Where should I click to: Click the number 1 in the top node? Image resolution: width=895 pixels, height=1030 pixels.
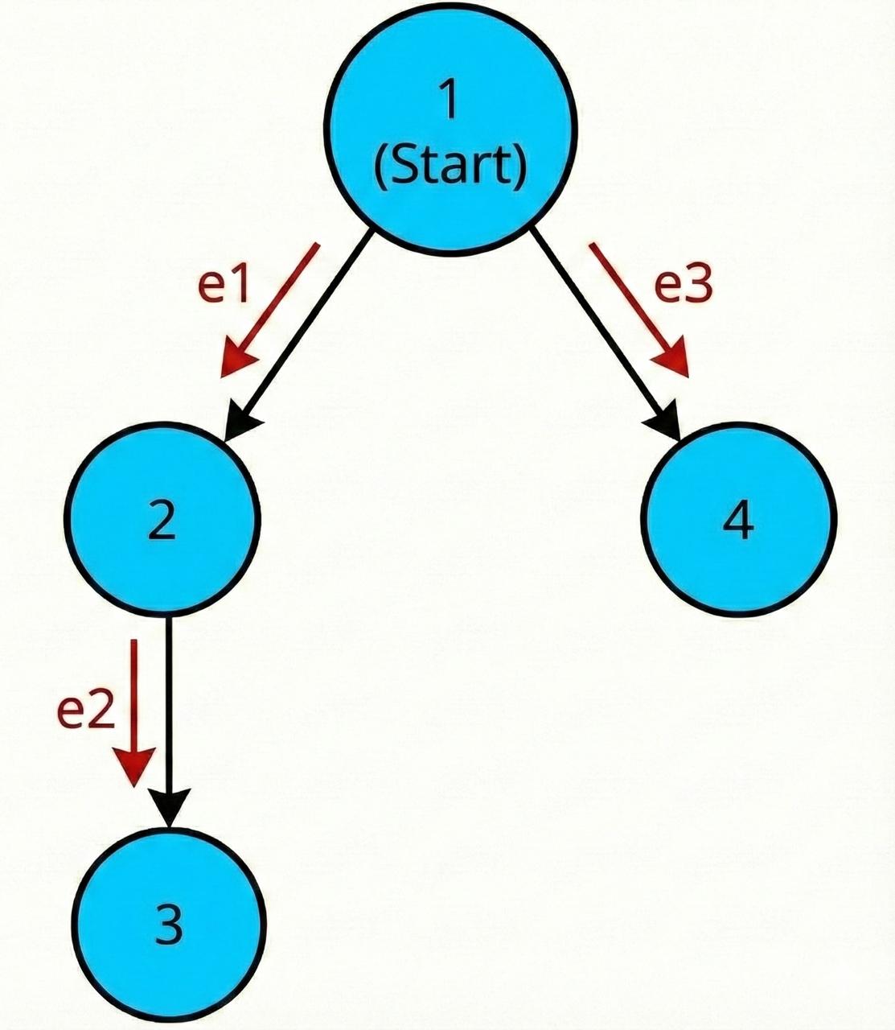pos(450,100)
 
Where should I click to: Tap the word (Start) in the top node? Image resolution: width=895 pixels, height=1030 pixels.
pos(450,166)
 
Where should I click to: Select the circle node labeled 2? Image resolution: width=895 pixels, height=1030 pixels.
pos(163,523)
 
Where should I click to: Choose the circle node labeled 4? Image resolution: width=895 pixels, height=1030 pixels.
pos(739,523)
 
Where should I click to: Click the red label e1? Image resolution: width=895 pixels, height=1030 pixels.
pos(224,286)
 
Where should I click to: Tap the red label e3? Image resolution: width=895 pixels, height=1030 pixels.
pos(684,286)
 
